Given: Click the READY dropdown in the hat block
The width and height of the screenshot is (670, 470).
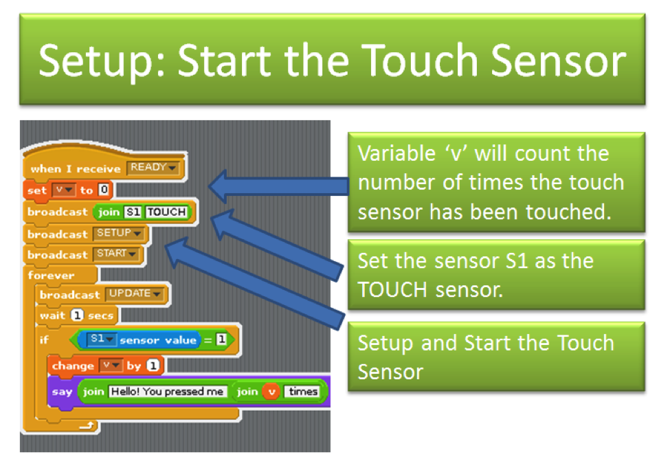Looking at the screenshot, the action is [x=153, y=168].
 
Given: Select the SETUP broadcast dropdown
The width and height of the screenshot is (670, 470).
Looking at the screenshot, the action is [x=119, y=234].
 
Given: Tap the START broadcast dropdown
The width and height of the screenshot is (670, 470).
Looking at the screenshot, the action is [x=116, y=254].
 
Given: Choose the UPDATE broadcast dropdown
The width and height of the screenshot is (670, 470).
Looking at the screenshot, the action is [x=135, y=294].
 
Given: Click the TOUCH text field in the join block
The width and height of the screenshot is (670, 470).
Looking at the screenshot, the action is [x=167, y=212].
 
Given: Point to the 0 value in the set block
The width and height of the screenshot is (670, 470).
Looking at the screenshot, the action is [x=104, y=190].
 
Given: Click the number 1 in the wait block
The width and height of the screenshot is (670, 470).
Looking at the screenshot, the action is [x=77, y=315].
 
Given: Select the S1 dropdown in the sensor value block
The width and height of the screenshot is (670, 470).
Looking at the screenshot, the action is [x=101, y=339].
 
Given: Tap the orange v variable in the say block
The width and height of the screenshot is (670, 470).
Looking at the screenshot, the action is [x=271, y=392].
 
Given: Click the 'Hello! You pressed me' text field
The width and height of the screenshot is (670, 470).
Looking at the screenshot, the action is [x=167, y=392].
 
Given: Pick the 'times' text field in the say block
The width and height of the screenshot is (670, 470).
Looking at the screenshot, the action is [x=303, y=392].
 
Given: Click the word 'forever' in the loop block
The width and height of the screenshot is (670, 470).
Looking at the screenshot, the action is [x=51, y=275].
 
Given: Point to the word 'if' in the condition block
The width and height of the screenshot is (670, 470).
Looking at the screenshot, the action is [x=44, y=339].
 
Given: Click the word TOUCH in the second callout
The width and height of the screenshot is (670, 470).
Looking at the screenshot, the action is [x=392, y=290].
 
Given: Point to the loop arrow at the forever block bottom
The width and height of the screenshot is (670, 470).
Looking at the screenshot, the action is [x=87, y=425].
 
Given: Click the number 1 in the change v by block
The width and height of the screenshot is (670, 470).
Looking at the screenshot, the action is [x=153, y=366].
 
